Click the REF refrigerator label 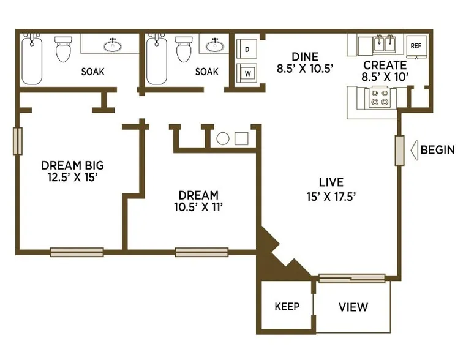(x=416, y=46)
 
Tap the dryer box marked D (x=247, y=50)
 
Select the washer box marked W (x=247, y=73)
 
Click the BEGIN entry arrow (x=415, y=150)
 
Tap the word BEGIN (x=438, y=150)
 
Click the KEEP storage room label (x=287, y=306)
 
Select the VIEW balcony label (x=353, y=307)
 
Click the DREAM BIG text (x=72, y=165)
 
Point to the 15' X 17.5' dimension (x=331, y=197)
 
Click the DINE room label (x=305, y=56)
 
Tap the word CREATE (x=385, y=65)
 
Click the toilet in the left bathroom (x=64, y=49)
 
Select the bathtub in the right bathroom (x=157, y=59)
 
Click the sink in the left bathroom (x=112, y=45)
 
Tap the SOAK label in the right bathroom (x=207, y=72)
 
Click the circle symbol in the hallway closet (x=223, y=139)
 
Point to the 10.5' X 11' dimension (x=198, y=207)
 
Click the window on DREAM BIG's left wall (x=18, y=141)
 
